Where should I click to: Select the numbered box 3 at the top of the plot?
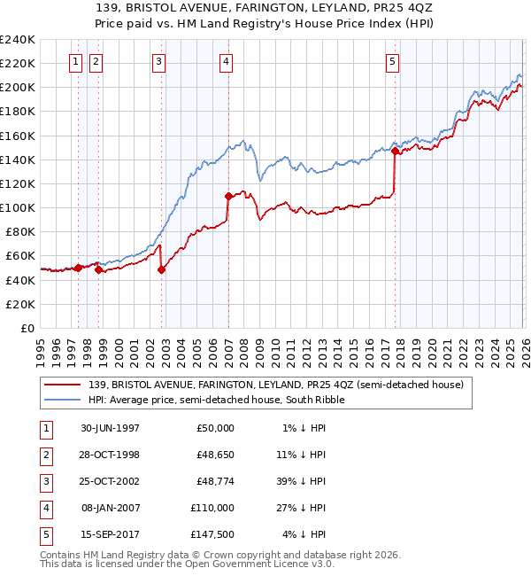pos(158,61)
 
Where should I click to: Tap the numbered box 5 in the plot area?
pos(392,61)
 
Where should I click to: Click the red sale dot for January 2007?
pos(228,196)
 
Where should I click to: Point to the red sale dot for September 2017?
pos(395,151)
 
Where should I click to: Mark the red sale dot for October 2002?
pos(162,269)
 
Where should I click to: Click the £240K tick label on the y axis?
pos(18,40)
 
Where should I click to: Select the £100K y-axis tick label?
pos(18,207)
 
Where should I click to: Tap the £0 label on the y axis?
pos(27,328)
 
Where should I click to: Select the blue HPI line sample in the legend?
pos(64,400)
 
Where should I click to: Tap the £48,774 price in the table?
pos(212,481)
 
